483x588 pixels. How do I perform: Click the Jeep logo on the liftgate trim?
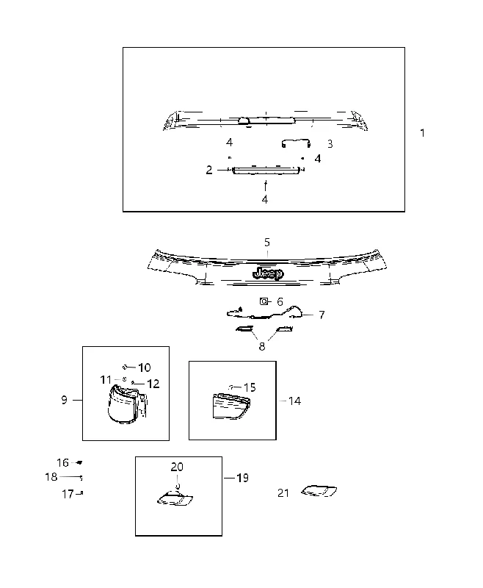point(268,273)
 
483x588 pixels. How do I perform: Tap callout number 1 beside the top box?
point(422,133)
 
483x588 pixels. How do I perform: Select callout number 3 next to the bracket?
point(330,144)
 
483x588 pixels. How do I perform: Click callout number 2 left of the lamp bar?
point(209,170)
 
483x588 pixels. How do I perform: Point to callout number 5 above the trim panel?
point(267,243)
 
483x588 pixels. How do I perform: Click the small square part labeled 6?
point(264,301)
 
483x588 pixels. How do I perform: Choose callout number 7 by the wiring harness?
point(322,315)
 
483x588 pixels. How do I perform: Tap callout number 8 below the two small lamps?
point(262,346)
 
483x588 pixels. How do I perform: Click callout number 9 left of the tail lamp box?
point(65,400)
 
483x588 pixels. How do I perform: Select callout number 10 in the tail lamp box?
point(144,367)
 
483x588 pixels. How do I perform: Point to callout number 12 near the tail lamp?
point(153,384)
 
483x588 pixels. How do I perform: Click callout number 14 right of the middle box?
point(294,401)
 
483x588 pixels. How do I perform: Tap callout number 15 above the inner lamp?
point(250,387)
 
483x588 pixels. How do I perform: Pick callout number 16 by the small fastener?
point(63,463)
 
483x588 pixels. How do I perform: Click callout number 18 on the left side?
point(51,477)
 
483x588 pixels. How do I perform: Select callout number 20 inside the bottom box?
point(177,467)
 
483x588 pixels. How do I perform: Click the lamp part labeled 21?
point(319,491)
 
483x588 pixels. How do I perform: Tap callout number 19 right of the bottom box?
point(243,478)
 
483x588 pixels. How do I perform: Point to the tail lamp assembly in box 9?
point(126,406)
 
